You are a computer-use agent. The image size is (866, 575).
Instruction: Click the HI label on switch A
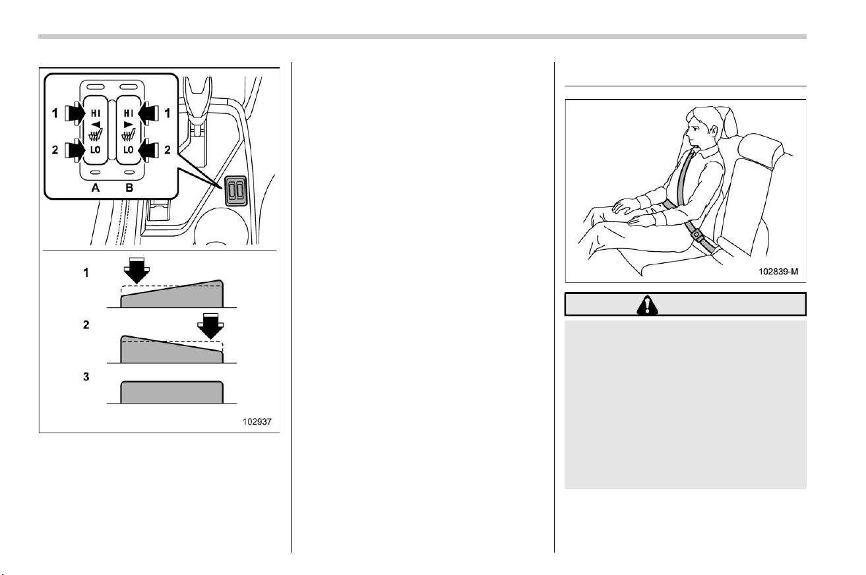pyautogui.click(x=96, y=113)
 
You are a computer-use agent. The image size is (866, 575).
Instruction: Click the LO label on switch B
pyautogui.click(x=129, y=150)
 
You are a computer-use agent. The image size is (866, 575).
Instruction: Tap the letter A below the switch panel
pyautogui.click(x=95, y=188)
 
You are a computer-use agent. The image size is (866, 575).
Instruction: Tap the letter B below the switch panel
pyautogui.click(x=129, y=188)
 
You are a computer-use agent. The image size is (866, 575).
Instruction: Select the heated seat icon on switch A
pyautogui.click(x=96, y=135)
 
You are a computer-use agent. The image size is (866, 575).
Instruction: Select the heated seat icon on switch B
pyautogui.click(x=129, y=135)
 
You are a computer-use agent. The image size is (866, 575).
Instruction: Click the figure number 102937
pyautogui.click(x=257, y=421)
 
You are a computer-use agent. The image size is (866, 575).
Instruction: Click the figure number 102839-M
pyautogui.click(x=778, y=272)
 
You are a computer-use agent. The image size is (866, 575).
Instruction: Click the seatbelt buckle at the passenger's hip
pyautogui.click(x=696, y=235)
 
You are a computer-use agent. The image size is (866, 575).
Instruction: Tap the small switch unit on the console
pyautogui.click(x=236, y=190)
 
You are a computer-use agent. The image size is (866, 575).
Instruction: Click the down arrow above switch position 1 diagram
pyautogui.click(x=137, y=270)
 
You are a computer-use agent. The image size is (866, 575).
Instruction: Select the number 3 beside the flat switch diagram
pyautogui.click(x=86, y=377)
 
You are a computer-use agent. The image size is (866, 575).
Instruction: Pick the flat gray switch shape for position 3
pyautogui.click(x=172, y=392)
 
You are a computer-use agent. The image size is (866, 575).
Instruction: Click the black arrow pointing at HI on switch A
pyautogui.click(x=75, y=113)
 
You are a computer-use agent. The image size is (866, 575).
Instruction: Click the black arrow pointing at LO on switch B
pyautogui.click(x=148, y=150)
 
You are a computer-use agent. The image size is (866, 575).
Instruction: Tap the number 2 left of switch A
pyautogui.click(x=55, y=150)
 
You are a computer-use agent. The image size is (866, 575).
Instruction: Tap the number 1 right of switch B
pyautogui.click(x=168, y=113)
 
